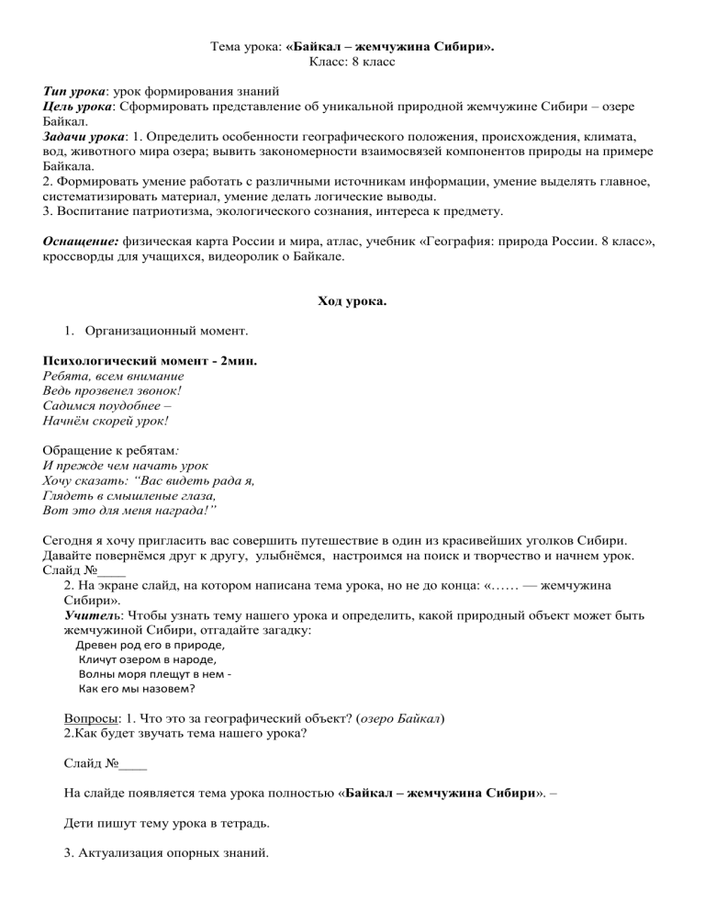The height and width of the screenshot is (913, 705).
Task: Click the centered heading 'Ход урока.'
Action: coord(352,301)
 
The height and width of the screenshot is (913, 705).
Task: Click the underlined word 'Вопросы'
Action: coord(91,719)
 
